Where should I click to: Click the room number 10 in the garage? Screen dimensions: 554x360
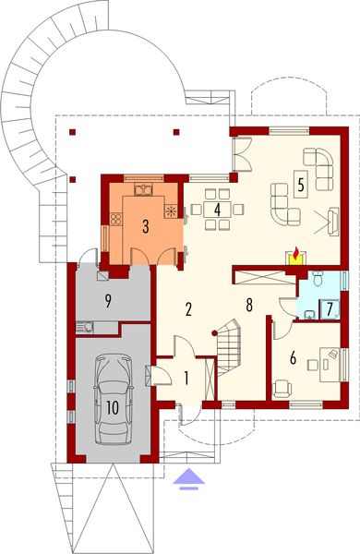(x=111, y=407)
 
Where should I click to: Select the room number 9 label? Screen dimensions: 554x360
(x=108, y=299)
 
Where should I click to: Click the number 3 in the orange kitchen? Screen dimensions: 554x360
(x=145, y=224)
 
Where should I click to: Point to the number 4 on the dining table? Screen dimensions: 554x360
(x=217, y=210)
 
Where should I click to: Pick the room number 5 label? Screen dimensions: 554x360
(x=301, y=182)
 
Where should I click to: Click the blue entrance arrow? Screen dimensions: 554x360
(x=188, y=476)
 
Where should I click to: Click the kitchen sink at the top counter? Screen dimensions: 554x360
(x=143, y=191)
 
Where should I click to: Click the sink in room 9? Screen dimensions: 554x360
(x=85, y=325)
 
